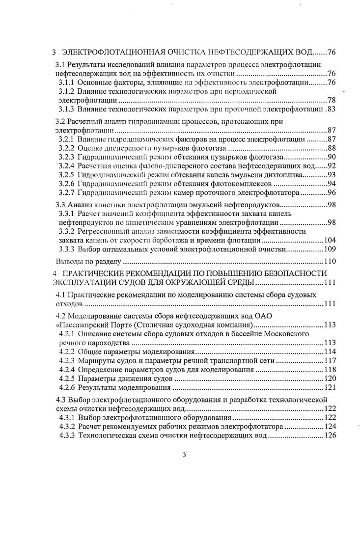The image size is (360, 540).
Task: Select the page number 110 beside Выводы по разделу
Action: pos(329,261)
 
